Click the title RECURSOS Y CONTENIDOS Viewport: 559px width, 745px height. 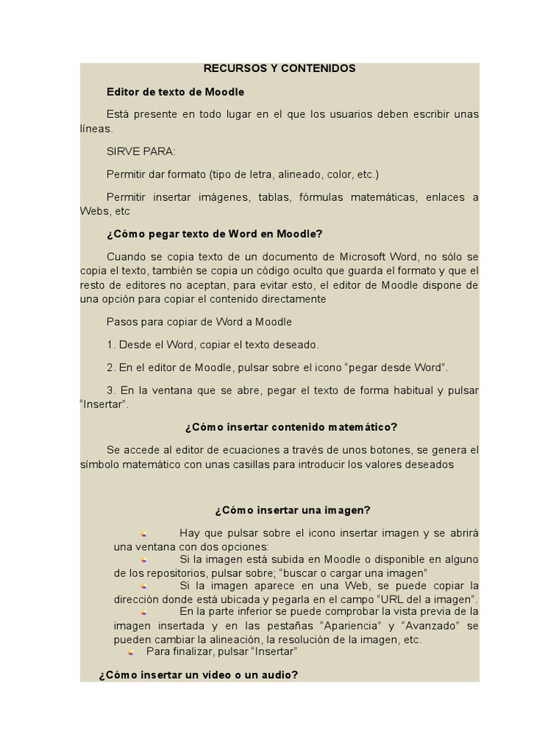tap(279, 68)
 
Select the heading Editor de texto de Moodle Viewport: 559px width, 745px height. tap(175, 92)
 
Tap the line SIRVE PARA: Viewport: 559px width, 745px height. tap(140, 151)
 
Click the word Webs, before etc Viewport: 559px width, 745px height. tap(95, 212)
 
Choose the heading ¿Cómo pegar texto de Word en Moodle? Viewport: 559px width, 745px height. tap(214, 234)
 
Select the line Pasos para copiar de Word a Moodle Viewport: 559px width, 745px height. tap(199, 322)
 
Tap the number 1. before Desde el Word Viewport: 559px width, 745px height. tap(111, 345)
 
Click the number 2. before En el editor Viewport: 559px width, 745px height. tap(111, 367)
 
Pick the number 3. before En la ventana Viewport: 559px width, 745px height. tap(111, 391)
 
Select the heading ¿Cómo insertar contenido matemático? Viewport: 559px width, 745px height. tap(291, 427)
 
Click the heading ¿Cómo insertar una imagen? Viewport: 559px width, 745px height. tap(293, 510)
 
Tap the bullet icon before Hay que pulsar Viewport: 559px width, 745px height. tap(144, 534)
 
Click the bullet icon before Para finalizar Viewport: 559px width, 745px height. tap(130, 653)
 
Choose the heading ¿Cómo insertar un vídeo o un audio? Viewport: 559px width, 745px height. tap(198, 675)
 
